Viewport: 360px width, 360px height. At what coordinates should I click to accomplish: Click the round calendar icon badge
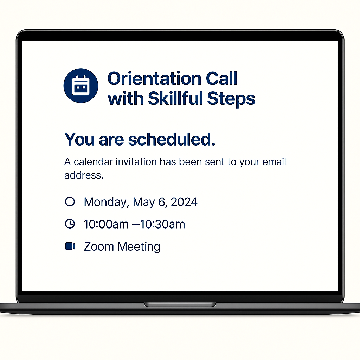(81, 86)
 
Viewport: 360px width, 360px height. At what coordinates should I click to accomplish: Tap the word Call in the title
(221, 78)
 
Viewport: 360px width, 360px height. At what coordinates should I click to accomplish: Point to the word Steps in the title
(231, 99)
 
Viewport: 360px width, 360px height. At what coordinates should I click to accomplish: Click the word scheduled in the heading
(172, 139)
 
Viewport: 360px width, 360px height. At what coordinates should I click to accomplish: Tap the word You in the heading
(79, 139)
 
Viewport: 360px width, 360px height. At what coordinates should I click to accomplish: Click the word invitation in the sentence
(136, 162)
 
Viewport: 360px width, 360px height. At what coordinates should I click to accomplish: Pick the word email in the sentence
(274, 162)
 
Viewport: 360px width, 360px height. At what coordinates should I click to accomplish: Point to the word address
(84, 175)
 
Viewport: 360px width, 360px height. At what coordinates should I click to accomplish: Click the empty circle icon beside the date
(70, 201)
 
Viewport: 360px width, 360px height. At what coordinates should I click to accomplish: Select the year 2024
(184, 202)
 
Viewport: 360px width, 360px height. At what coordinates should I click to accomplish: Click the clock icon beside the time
(70, 224)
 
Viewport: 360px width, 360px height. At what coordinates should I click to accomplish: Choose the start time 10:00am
(106, 224)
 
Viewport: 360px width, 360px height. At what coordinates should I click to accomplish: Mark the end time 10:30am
(163, 224)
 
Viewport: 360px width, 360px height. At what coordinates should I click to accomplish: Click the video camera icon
(70, 246)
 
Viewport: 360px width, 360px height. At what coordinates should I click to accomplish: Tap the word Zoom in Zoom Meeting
(99, 246)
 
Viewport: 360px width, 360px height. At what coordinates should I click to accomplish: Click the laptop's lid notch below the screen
(180, 304)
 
